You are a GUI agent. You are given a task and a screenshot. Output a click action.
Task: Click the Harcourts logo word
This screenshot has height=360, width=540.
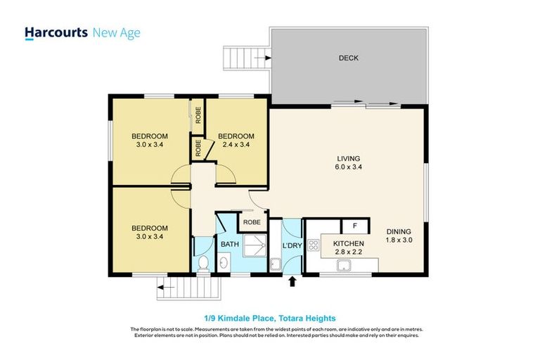[x=56, y=33]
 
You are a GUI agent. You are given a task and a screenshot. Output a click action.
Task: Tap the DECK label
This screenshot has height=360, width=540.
[x=348, y=58]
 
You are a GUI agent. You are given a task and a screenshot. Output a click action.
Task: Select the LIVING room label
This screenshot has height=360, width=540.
[x=348, y=158]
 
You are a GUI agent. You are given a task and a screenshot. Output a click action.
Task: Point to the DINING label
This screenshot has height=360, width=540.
[x=399, y=231]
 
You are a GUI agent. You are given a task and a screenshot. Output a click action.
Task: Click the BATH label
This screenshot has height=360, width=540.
[x=230, y=244]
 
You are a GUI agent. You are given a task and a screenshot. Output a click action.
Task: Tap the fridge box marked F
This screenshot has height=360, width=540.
[x=355, y=226]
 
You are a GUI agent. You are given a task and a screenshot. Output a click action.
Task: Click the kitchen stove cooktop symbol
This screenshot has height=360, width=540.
[x=314, y=246]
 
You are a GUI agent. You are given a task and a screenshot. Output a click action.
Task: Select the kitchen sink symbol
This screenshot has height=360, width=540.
[x=345, y=265]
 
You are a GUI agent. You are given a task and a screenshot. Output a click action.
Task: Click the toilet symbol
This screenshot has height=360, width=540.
[x=203, y=264]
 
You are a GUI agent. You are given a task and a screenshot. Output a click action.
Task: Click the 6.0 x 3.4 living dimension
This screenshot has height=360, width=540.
[x=348, y=167]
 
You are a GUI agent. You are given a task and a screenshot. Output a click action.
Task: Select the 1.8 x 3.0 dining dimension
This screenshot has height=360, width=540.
[x=399, y=240]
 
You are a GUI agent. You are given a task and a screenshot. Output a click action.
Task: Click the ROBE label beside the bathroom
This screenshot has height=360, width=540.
[x=251, y=222]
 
